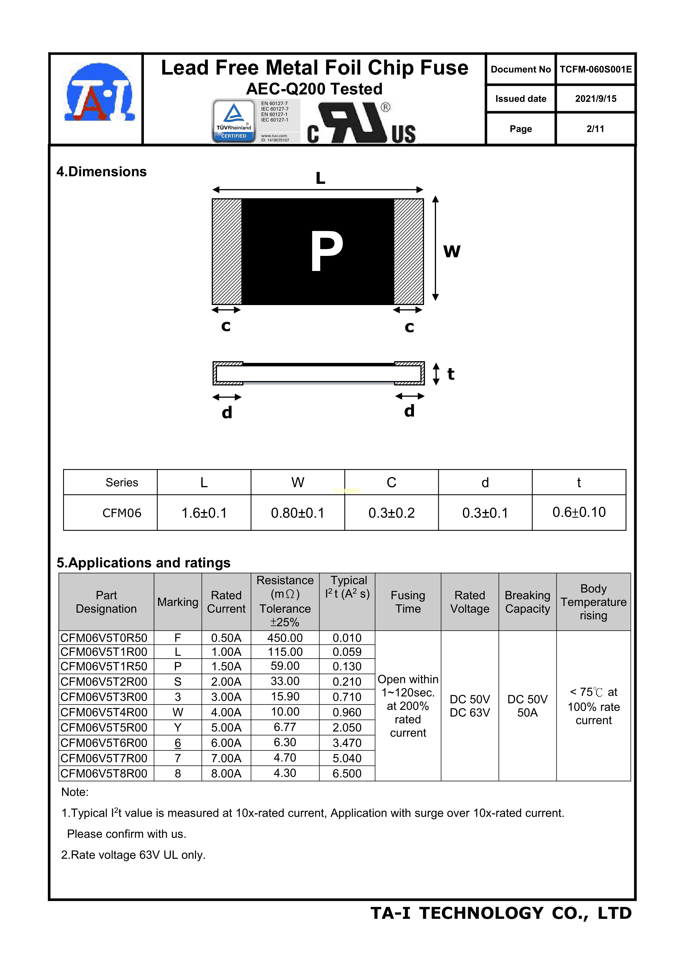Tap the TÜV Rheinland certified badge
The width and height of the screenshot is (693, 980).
click(x=234, y=121)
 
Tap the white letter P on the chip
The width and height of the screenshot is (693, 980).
click(x=327, y=251)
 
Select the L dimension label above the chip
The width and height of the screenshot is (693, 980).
click(x=320, y=178)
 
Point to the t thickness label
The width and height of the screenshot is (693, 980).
click(x=451, y=374)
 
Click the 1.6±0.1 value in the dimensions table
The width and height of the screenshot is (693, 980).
click(x=204, y=513)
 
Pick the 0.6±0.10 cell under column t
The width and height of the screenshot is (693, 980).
click(x=579, y=512)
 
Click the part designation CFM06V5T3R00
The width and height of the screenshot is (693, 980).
click(x=104, y=697)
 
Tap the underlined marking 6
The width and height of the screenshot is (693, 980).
click(x=178, y=743)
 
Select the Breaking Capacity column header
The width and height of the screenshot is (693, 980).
click(x=527, y=602)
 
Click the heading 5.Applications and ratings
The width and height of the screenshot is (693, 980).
click(x=143, y=563)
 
